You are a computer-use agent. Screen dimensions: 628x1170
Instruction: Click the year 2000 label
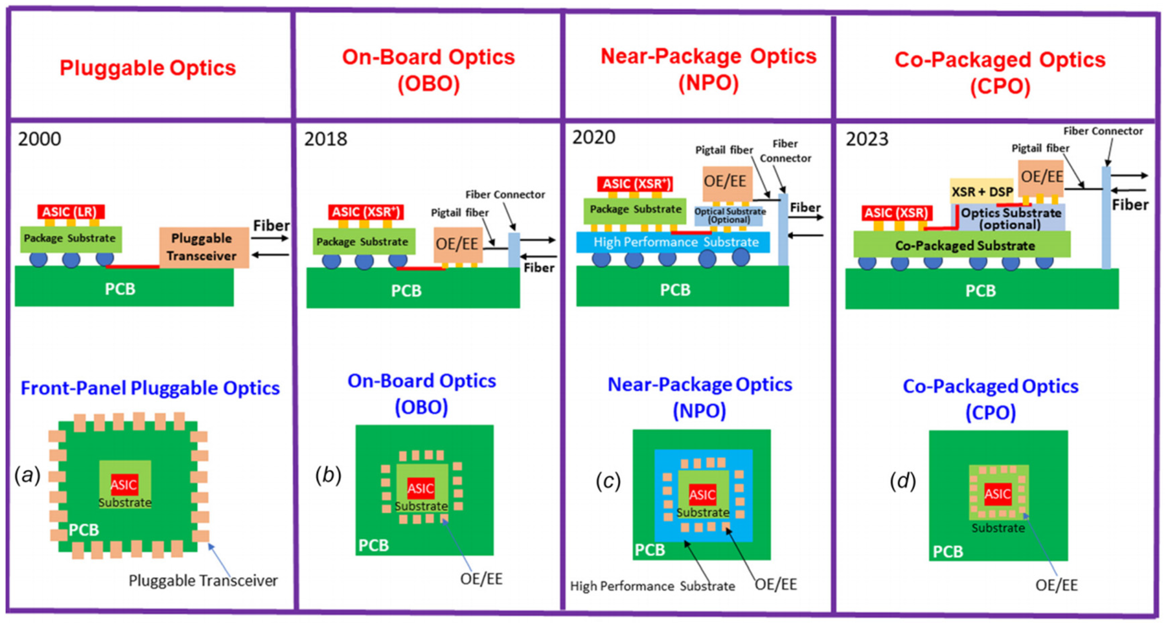(x=39, y=139)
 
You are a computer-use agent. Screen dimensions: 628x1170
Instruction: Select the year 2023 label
(x=866, y=139)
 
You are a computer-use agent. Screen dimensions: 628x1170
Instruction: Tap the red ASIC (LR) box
(x=70, y=212)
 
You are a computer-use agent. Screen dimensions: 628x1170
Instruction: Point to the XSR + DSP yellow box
(x=981, y=191)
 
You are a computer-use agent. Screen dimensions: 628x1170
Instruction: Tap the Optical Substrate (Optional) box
(x=729, y=215)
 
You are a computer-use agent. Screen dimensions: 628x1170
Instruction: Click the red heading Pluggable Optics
(x=148, y=68)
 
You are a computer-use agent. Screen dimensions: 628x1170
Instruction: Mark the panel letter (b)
(x=328, y=475)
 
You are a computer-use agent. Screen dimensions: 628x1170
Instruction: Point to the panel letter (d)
(x=902, y=481)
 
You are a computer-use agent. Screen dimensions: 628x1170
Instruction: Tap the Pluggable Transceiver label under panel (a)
(x=203, y=580)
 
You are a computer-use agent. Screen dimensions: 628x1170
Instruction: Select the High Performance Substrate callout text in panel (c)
(x=652, y=586)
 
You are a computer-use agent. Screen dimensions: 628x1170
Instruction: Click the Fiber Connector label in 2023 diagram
(x=1103, y=131)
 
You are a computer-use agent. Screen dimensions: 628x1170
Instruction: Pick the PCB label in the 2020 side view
(x=675, y=289)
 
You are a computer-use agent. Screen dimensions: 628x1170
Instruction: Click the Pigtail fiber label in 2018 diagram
(x=459, y=212)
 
